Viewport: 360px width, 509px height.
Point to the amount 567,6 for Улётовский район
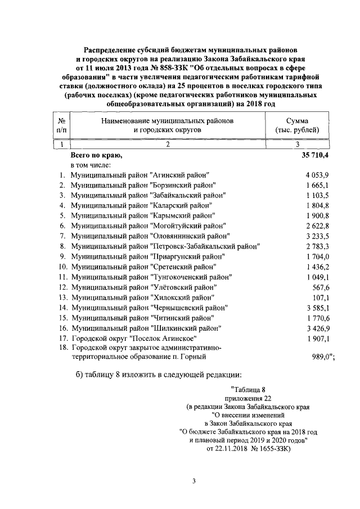click(x=319, y=287)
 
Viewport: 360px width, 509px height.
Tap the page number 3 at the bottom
click(x=193, y=480)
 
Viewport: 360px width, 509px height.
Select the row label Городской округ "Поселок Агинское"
click(x=133, y=338)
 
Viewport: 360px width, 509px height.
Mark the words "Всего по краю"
click(x=96, y=154)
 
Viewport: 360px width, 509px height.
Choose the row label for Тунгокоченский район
click(x=151, y=277)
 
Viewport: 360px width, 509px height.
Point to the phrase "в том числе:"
click(x=91, y=164)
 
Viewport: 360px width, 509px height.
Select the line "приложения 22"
click(x=246, y=398)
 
